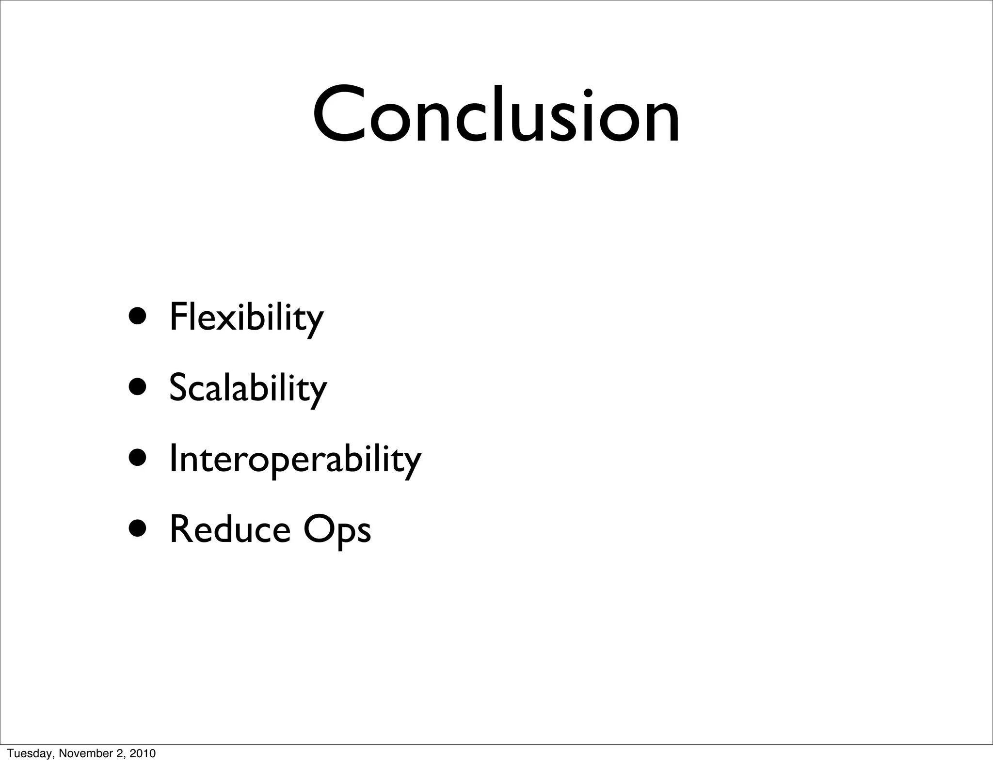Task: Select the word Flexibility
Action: click(246, 318)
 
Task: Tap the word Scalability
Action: click(248, 388)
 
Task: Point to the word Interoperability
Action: click(295, 459)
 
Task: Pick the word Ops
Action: click(337, 530)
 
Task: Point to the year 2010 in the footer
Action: click(144, 753)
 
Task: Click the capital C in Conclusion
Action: click(339, 115)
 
